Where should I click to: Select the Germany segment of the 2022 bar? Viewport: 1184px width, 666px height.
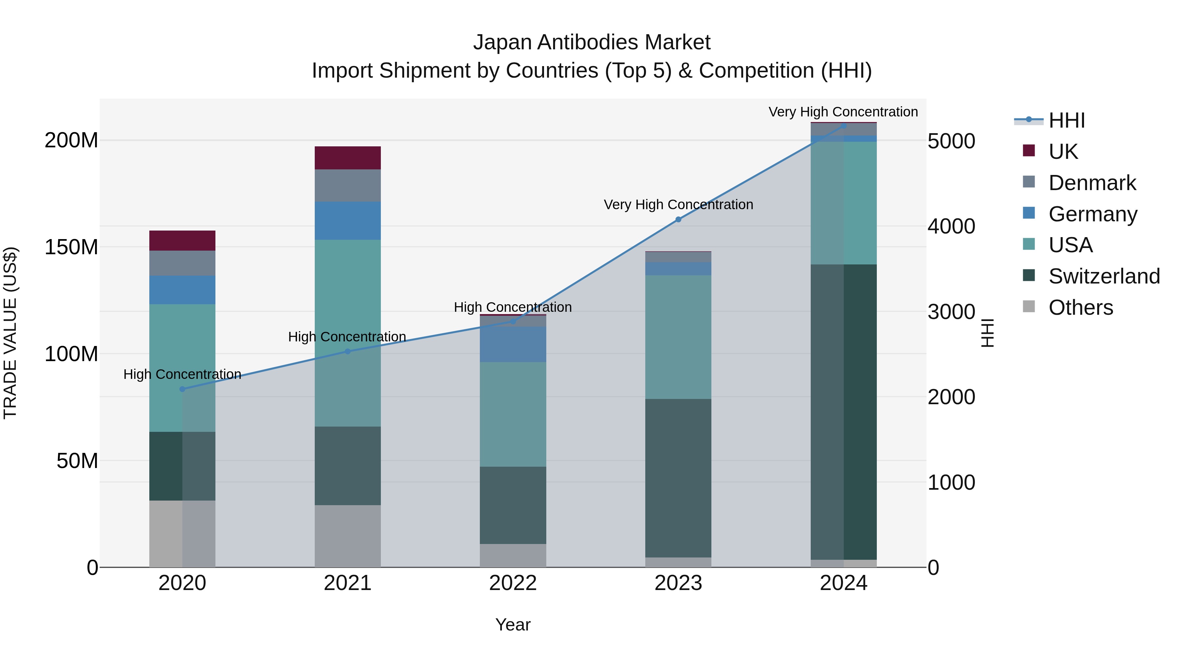513,344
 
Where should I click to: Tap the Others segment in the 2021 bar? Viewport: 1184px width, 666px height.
348,536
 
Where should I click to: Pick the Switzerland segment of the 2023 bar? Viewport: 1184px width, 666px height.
678,478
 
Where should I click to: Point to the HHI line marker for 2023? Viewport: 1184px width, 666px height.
678,220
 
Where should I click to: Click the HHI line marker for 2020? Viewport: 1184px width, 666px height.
183,389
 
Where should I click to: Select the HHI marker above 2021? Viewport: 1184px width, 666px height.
348,352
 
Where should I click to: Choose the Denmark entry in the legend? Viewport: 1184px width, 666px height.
1092,183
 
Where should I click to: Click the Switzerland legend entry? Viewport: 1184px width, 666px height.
1104,276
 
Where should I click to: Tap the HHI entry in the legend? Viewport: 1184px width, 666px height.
1066,120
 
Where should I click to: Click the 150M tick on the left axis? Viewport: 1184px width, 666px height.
71,247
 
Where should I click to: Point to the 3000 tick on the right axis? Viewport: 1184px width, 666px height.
951,312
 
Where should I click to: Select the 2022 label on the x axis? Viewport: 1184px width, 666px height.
513,583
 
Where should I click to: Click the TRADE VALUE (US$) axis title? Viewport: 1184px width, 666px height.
11,333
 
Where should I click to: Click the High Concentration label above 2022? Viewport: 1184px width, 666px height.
513,307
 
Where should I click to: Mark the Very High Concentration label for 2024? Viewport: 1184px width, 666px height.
843,112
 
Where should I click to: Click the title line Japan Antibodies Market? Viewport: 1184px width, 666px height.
592,42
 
